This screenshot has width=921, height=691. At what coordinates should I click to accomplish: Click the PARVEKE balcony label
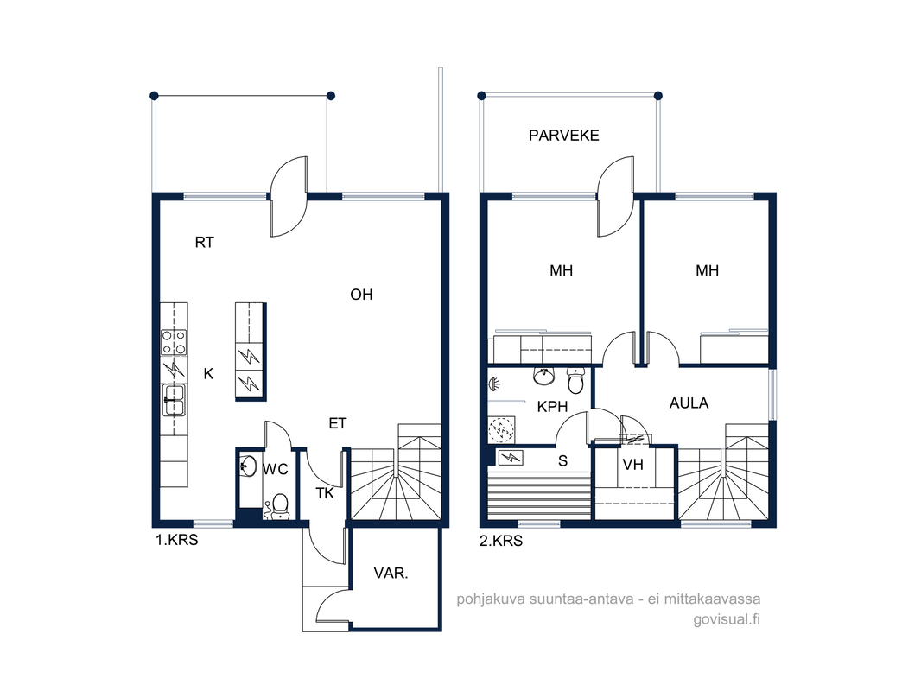click(564, 136)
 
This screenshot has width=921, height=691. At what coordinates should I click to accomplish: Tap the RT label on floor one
click(205, 243)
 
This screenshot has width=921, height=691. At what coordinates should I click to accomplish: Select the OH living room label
click(361, 295)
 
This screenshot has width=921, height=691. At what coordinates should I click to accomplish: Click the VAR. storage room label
click(391, 573)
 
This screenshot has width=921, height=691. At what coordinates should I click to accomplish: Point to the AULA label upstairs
click(689, 403)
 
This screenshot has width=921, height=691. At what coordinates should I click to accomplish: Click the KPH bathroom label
click(552, 407)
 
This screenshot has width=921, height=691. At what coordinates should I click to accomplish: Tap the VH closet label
click(632, 465)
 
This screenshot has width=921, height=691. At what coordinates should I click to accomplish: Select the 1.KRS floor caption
click(177, 540)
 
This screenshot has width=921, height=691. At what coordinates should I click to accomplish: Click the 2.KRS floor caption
click(501, 541)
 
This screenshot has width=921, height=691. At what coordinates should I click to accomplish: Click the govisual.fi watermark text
click(727, 619)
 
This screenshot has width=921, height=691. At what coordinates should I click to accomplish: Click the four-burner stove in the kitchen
click(174, 342)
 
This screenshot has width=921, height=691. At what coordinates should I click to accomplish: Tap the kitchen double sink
click(174, 400)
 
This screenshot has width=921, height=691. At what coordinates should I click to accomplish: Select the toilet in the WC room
click(280, 505)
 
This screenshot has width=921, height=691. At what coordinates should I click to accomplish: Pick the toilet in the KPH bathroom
click(575, 381)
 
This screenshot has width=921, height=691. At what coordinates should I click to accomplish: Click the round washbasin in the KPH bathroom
click(544, 377)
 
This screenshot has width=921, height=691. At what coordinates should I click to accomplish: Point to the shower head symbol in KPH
click(494, 384)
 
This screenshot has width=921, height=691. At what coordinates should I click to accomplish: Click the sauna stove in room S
click(511, 457)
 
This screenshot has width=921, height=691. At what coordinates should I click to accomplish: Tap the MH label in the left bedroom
click(561, 270)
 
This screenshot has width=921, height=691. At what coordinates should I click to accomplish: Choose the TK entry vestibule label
click(325, 494)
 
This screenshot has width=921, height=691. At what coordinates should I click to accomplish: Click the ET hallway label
click(338, 424)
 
